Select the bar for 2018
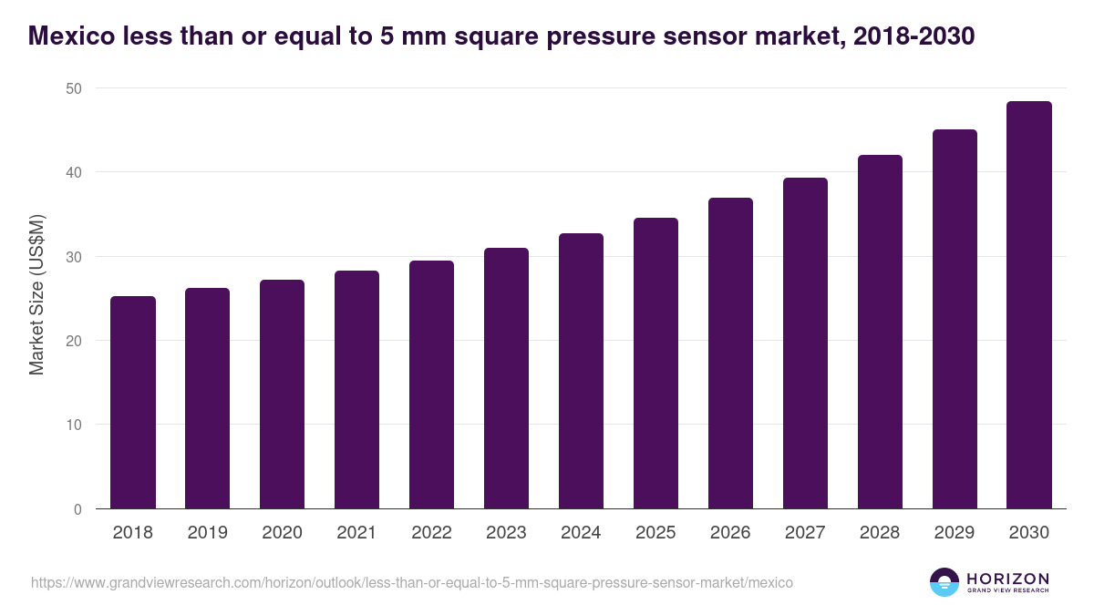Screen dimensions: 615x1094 pyautogui.click(x=133, y=403)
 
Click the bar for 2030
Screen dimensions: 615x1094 pyautogui.click(x=1029, y=305)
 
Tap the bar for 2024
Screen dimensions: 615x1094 pyautogui.click(x=581, y=371)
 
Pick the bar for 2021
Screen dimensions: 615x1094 pyautogui.click(x=356, y=390)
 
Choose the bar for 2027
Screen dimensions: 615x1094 pyautogui.click(x=805, y=343)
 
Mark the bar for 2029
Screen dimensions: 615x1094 pyautogui.click(x=955, y=319)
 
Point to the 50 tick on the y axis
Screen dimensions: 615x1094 pyautogui.click(x=73, y=88)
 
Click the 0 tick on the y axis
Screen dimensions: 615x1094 pyautogui.click(x=77, y=509)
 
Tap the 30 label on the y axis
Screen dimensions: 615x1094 pyautogui.click(x=73, y=257)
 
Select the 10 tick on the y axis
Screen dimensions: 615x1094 pyautogui.click(x=73, y=425)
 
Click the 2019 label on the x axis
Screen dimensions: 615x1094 pyautogui.click(x=208, y=533)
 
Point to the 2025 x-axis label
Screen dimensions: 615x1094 pyautogui.click(x=655, y=533)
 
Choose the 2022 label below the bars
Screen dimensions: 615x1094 pyautogui.click(x=431, y=533)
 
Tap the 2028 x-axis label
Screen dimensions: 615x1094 pyautogui.click(x=880, y=533)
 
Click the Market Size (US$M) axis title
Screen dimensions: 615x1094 pyautogui.click(x=36, y=294)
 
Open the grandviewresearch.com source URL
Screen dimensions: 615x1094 pyautogui.click(x=412, y=582)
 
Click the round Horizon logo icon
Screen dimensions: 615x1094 pyautogui.click(x=944, y=582)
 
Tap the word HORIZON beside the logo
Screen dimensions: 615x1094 pyautogui.click(x=1007, y=579)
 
